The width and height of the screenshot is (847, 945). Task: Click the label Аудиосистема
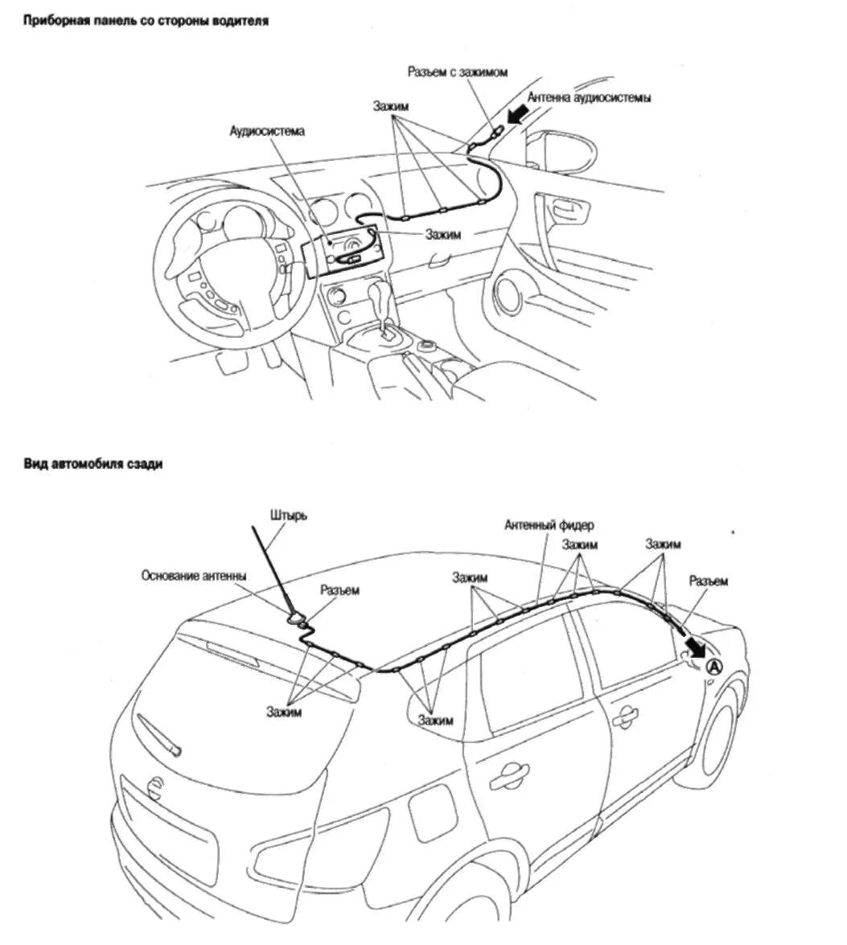point(266,131)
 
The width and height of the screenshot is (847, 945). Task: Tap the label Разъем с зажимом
point(456,72)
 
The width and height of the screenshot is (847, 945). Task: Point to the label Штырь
point(290,515)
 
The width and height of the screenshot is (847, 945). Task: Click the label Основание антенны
point(193,576)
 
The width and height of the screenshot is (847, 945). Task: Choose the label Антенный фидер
point(549,525)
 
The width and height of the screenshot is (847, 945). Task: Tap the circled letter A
point(714,667)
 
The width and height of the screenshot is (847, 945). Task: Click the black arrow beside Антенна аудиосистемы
point(517,117)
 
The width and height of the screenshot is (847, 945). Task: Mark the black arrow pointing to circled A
point(693,645)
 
